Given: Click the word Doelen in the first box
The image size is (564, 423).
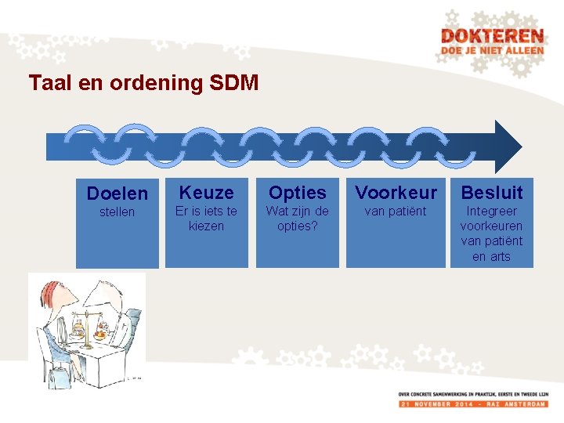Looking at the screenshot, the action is pyautogui.click(x=117, y=193).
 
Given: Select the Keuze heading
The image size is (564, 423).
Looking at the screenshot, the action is pyautogui.click(x=207, y=192).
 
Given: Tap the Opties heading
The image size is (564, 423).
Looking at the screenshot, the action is pyautogui.click(x=298, y=192).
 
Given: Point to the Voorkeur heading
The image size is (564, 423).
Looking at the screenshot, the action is pyautogui.click(x=396, y=192).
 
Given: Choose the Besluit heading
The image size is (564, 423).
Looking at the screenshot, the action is pyautogui.click(x=491, y=192).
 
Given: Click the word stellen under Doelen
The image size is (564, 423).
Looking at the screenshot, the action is pyautogui.click(x=117, y=212).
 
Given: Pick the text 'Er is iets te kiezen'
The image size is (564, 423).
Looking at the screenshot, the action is pyautogui.click(x=207, y=219).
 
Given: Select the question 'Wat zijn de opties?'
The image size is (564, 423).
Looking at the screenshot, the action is pyautogui.click(x=298, y=219).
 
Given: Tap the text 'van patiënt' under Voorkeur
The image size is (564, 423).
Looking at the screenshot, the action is pyautogui.click(x=396, y=211).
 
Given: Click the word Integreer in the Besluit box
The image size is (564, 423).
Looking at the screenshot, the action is pyautogui.click(x=491, y=211).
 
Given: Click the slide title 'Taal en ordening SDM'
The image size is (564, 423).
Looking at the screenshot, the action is pyautogui.click(x=143, y=82).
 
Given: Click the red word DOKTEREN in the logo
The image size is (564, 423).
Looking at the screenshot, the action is pyautogui.click(x=492, y=36).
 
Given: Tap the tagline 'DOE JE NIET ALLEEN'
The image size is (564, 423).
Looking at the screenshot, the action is pyautogui.click(x=492, y=51).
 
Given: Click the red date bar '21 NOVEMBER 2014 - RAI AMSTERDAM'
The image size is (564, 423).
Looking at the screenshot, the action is pyautogui.click(x=472, y=403).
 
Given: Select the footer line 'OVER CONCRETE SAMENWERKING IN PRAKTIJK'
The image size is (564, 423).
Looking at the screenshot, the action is pyautogui.click(x=472, y=393).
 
